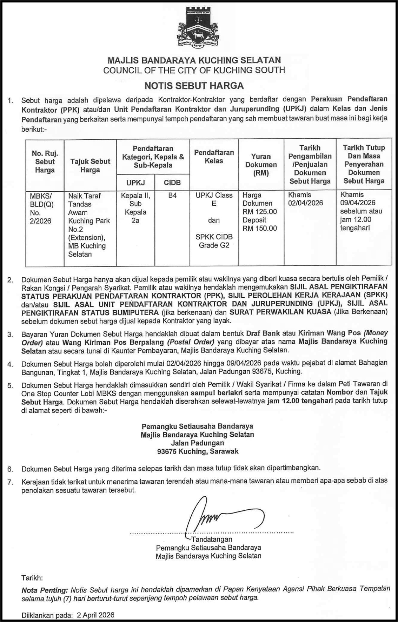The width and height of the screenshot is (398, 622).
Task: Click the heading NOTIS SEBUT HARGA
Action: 194,86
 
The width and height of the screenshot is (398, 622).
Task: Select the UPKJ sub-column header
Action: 135,183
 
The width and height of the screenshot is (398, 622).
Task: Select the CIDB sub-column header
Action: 172,183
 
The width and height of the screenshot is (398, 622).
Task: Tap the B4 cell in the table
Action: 172,196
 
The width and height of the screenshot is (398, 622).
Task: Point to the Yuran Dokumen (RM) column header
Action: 261,165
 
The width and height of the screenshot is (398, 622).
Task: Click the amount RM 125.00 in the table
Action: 260,212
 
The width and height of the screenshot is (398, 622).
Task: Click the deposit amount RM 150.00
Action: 260,229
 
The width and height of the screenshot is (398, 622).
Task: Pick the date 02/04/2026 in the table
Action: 305,203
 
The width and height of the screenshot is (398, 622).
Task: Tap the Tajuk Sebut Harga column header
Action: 90,166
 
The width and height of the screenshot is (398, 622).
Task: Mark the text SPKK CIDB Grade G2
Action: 214,241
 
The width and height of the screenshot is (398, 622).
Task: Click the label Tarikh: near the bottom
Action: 32,577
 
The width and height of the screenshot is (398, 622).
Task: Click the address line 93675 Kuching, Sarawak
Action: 198,451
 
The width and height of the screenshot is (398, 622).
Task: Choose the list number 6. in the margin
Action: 11,469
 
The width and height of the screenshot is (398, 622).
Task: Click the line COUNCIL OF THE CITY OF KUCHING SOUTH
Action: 194,70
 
